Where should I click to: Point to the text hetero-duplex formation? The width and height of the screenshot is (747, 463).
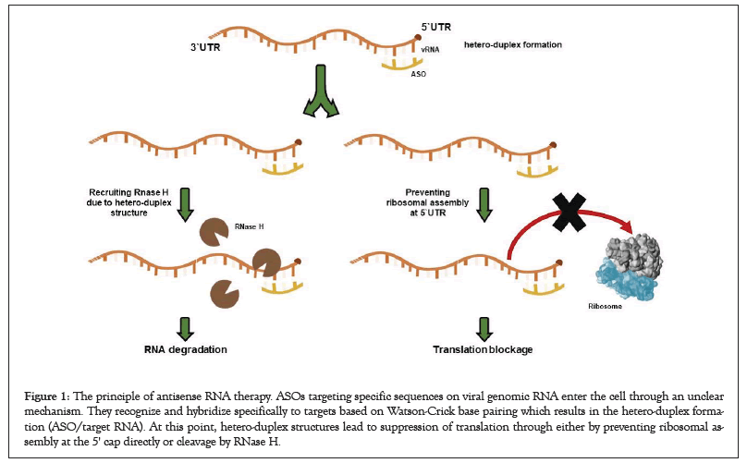point(512,43)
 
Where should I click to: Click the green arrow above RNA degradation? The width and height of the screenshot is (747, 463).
point(183,326)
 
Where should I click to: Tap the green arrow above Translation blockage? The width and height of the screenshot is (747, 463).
point(483,326)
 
